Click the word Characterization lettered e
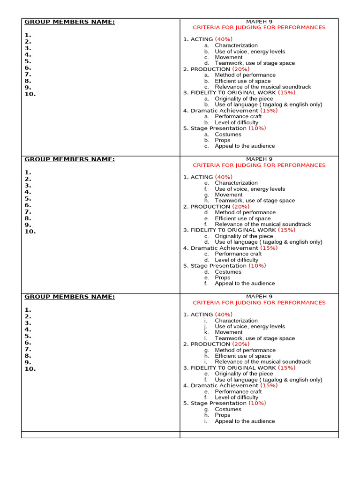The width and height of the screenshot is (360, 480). (236, 183)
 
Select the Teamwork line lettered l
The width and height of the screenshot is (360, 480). (255, 338)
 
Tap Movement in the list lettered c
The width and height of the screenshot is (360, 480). (229, 57)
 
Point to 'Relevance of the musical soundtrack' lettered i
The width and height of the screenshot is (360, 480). (262, 362)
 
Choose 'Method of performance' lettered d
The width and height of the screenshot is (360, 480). (245, 212)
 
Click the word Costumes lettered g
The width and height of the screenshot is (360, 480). (228, 409)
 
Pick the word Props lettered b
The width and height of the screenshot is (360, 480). (223, 140)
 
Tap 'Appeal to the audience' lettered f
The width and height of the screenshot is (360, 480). (245, 283)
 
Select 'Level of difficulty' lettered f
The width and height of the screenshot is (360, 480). (236, 397)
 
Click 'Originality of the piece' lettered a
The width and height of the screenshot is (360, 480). (244, 99)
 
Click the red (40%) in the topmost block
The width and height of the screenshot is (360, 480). (224, 39)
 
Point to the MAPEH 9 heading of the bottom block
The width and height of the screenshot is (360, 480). (259, 296)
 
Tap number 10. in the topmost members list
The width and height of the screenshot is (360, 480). (30, 94)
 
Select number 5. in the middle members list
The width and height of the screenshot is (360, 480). (28, 198)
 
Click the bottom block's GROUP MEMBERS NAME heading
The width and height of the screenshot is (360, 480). (69, 296)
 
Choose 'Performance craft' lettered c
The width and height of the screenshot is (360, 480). (238, 254)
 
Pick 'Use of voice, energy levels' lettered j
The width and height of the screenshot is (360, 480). (250, 326)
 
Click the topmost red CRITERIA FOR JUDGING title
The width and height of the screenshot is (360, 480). (259, 28)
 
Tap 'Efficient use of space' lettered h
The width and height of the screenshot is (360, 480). (243, 356)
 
